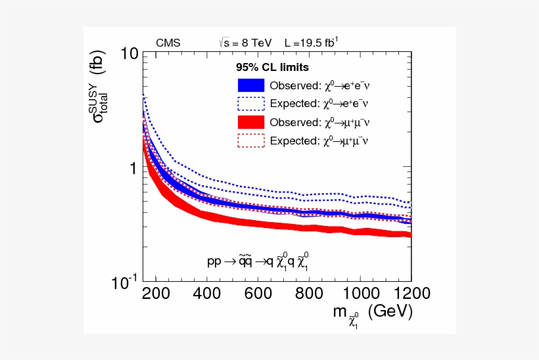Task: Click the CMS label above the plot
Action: pyautogui.click(x=168, y=43)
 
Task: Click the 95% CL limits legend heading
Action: pyautogui.click(x=272, y=67)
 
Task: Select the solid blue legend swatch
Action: pyautogui.click(x=251, y=85)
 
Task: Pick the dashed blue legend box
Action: pyautogui.click(x=251, y=103)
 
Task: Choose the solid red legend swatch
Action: pyautogui.click(x=251, y=122)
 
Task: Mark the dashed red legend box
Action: pyautogui.click(x=251, y=140)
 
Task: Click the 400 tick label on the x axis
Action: pyautogui.click(x=207, y=293)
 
